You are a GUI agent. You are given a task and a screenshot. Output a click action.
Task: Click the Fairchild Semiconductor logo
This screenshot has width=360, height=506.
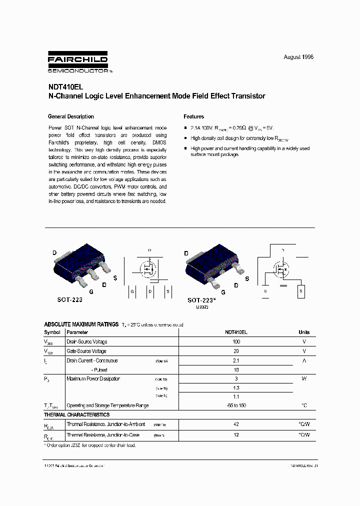[x=77, y=62]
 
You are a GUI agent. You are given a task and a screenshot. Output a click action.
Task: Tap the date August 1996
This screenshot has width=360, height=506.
[x=298, y=57]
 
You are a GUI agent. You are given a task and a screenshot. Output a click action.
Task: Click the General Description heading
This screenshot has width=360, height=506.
[x=70, y=116]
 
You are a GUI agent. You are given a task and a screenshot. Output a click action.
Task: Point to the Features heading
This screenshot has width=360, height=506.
[x=194, y=116]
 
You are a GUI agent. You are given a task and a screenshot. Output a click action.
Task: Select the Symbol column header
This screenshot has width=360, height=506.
[x=52, y=332]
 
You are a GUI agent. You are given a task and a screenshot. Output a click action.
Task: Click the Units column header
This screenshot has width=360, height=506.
[x=304, y=332]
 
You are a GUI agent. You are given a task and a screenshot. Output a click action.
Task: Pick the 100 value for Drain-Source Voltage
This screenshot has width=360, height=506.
[x=236, y=341]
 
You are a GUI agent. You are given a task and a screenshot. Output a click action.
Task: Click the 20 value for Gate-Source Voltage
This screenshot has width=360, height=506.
[x=236, y=351]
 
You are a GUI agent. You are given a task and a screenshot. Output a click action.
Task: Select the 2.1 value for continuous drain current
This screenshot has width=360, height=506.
[x=236, y=360]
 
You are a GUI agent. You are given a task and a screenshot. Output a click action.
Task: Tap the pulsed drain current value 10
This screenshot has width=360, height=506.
[x=236, y=370]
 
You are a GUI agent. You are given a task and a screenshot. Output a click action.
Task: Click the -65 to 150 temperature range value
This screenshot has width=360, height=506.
[x=236, y=405]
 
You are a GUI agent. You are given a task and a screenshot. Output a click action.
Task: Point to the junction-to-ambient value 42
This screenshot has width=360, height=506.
[x=236, y=424]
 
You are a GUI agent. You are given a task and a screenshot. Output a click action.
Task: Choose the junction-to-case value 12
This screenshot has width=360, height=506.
[x=236, y=435]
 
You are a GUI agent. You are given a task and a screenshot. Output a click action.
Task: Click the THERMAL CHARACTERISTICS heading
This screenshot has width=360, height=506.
[x=76, y=415]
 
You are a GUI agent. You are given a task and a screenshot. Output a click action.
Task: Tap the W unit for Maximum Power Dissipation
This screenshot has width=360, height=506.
[x=304, y=379]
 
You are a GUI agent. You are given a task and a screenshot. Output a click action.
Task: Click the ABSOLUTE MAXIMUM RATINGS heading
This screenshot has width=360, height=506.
[x=81, y=324]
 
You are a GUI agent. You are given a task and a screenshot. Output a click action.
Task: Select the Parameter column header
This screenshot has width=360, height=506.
[x=77, y=332]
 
